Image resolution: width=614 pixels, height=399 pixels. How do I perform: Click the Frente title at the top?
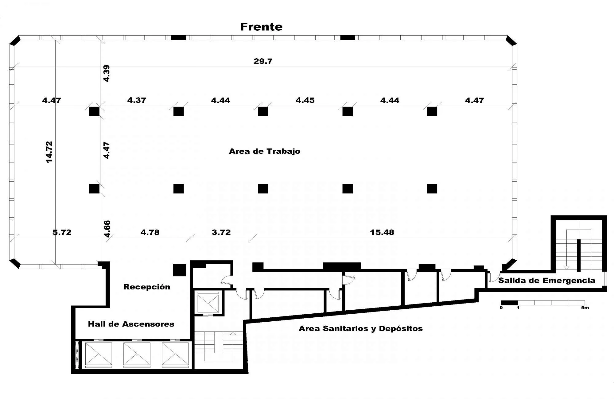(261, 27)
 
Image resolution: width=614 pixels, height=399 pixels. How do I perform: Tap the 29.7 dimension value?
(263, 61)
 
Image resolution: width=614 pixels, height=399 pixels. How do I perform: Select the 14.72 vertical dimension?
(49, 152)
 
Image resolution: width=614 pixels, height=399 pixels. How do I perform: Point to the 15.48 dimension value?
(382, 232)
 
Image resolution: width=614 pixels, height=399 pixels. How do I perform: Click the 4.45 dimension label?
(305, 100)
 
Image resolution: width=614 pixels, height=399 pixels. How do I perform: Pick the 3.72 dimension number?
(221, 232)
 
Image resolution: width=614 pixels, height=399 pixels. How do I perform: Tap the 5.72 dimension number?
(62, 232)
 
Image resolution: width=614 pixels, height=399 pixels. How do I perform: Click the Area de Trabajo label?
(265, 151)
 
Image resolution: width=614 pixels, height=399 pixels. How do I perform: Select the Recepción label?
(147, 287)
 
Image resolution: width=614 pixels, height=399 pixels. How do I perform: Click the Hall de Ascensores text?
(131, 324)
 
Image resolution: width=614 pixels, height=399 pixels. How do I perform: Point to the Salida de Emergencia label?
(547, 281)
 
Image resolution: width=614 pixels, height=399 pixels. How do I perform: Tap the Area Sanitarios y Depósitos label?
(361, 329)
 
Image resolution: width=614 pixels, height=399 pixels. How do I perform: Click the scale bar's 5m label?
(585, 308)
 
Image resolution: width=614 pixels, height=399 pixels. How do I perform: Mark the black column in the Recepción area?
(180, 270)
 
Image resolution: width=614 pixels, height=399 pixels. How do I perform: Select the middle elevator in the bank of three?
(137, 354)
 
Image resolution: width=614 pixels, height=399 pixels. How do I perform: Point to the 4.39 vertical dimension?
(106, 73)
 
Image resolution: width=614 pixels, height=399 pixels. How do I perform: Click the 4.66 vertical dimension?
(107, 229)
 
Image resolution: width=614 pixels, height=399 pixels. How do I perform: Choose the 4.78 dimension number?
(150, 232)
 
